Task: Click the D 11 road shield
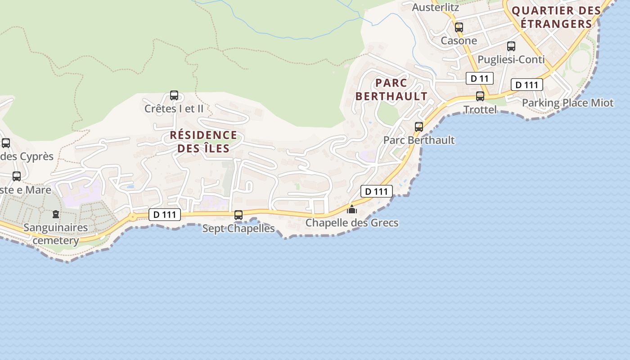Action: (x=479, y=78)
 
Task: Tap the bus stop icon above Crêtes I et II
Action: (x=174, y=95)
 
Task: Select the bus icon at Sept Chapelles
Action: (x=238, y=215)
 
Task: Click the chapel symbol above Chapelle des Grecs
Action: (x=352, y=209)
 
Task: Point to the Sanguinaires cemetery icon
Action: (x=56, y=214)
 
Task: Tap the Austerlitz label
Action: (x=435, y=7)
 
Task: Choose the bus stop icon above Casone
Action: (x=459, y=27)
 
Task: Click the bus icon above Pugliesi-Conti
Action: (x=511, y=46)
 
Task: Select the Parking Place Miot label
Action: (x=567, y=103)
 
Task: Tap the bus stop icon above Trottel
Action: (x=480, y=96)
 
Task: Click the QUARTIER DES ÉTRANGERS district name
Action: (x=556, y=17)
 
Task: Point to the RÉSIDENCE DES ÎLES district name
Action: (x=203, y=141)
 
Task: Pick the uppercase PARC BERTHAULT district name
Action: (x=391, y=89)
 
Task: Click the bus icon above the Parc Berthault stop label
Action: (x=419, y=127)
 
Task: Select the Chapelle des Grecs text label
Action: (x=352, y=223)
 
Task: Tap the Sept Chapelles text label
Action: (x=238, y=228)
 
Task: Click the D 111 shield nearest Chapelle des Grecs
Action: (x=377, y=191)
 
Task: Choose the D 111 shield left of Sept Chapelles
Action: (x=165, y=215)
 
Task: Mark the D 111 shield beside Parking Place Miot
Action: (x=526, y=85)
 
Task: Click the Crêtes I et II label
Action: (x=174, y=108)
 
